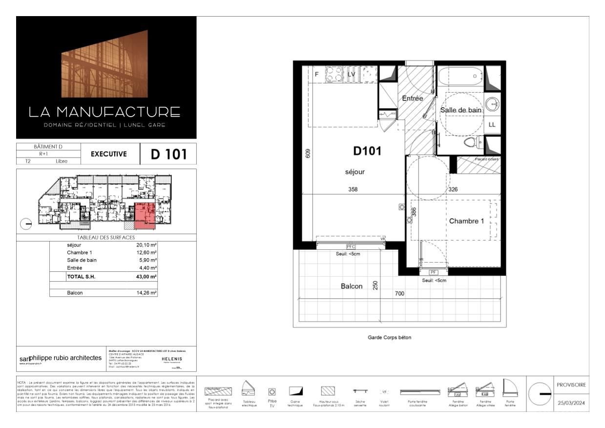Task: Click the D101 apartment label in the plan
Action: pos(367,151)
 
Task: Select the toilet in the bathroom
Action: pos(471,143)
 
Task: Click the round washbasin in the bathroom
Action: pos(492,103)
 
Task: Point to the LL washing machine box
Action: pos(492,124)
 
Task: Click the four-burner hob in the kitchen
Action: pos(334,75)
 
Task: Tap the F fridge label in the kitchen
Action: pos(316,75)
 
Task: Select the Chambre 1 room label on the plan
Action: pos(466,221)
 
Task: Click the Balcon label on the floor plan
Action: pos(352,286)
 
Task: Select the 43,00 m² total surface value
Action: pos(146,277)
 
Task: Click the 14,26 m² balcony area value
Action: pos(146,293)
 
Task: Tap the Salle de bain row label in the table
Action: pos(82,260)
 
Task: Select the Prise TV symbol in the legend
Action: pos(272,391)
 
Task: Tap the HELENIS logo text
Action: pos(171,359)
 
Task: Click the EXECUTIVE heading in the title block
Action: pos(109,154)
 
